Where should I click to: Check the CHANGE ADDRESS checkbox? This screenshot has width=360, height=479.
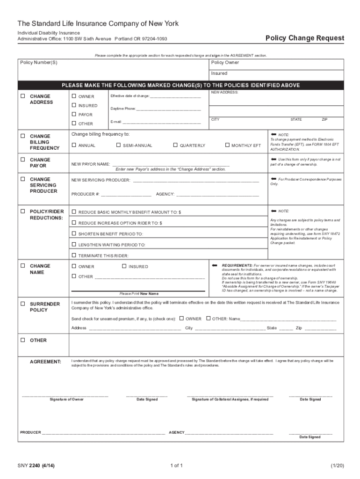pyautogui.click(x=22, y=96)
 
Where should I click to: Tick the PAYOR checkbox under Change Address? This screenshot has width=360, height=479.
pyautogui.click(x=74, y=115)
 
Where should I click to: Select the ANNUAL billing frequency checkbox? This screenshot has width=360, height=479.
pyautogui.click(x=74, y=145)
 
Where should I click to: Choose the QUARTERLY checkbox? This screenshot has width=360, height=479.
pyautogui.click(x=175, y=145)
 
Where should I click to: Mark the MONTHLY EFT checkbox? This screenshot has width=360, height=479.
pyautogui.click(x=227, y=145)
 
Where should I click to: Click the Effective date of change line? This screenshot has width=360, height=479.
pyautogui.click(x=175, y=96)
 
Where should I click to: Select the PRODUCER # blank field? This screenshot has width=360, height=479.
pyautogui.click(x=126, y=194)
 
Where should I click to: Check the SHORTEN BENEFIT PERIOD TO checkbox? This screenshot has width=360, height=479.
pyautogui.click(x=74, y=233)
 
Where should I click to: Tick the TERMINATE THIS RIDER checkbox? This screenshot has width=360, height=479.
pyautogui.click(x=74, y=255)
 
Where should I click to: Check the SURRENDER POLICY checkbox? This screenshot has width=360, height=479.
pyautogui.click(x=22, y=304)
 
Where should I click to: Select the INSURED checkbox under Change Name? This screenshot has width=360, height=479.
pyautogui.click(x=124, y=266)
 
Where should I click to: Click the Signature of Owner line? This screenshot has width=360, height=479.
pyautogui.click(x=65, y=395)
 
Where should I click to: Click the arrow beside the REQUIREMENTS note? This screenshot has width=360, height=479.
pyautogui.click(x=215, y=265)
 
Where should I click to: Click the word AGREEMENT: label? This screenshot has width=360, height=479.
pyautogui.click(x=45, y=362)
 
